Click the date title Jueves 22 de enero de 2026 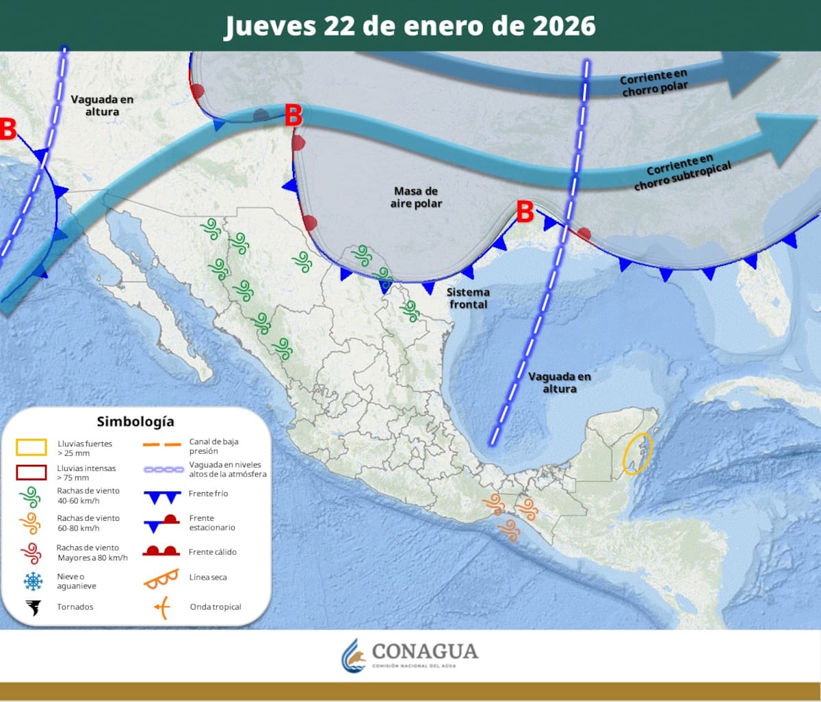410,26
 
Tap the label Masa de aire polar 416,198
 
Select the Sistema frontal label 468,298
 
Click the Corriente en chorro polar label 654,82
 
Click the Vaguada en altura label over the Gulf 560,383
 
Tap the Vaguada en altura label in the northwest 102,105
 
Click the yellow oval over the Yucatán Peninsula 638,454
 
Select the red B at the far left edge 8,129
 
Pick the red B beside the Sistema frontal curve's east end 525,212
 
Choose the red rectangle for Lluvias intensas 31,472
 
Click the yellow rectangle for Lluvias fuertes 31,448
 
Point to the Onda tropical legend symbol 161,607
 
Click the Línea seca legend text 208,578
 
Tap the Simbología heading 135,421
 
